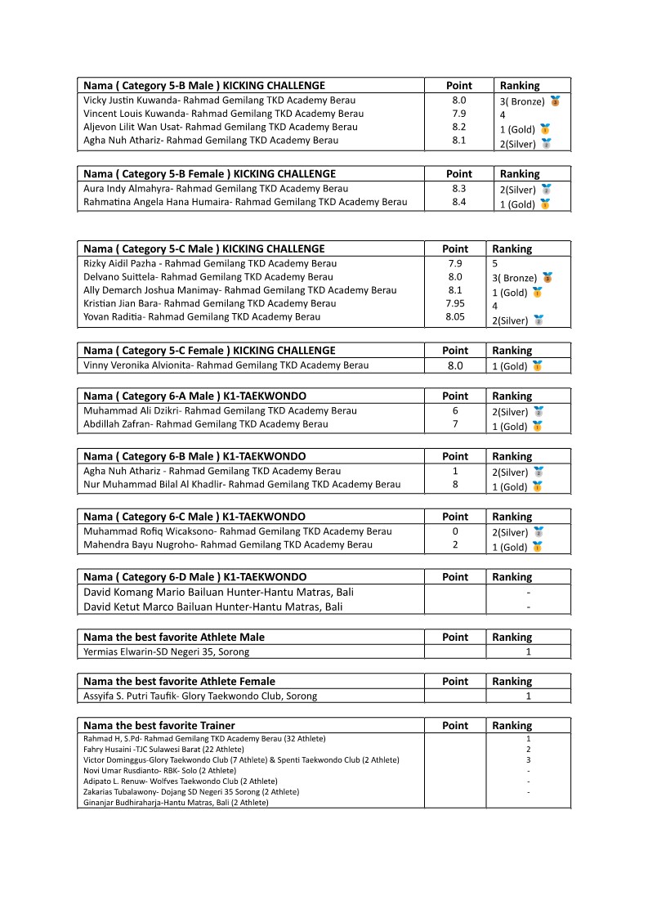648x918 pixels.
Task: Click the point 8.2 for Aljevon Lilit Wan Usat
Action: tap(459, 128)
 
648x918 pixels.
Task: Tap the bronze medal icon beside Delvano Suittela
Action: tap(547, 278)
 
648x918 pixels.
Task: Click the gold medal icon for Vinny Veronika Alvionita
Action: tap(537, 366)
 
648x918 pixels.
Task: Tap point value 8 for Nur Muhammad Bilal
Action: tap(455, 485)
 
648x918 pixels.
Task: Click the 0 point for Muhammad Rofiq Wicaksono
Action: tap(455, 531)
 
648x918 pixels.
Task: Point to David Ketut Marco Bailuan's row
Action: tap(213, 607)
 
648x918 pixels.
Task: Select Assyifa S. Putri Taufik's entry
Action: tap(200, 696)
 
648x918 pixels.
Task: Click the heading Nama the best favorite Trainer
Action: tap(159, 726)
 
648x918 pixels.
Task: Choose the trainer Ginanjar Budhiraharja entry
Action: tap(176, 802)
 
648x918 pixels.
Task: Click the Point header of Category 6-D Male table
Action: tap(455, 577)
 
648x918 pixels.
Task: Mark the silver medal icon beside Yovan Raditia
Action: tap(539, 320)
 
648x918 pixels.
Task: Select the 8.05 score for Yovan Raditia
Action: tap(455, 317)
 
